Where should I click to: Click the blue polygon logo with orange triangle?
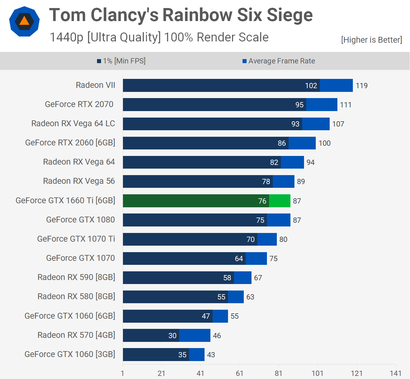click(x=24, y=21)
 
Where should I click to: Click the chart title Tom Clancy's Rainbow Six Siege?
click(x=181, y=15)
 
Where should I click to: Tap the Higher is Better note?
click(x=371, y=40)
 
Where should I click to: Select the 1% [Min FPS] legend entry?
click(x=121, y=61)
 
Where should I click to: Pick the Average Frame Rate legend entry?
click(x=279, y=61)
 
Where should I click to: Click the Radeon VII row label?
click(x=95, y=85)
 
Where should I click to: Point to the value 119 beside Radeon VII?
click(x=361, y=86)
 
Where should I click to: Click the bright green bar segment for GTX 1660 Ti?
click(x=280, y=201)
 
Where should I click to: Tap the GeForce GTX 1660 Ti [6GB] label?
click(x=66, y=200)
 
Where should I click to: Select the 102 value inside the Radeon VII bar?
click(x=311, y=86)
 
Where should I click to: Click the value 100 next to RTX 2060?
click(x=324, y=143)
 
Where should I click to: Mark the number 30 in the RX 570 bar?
click(x=172, y=336)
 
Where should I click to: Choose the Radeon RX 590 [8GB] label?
click(x=76, y=277)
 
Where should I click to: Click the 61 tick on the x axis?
click(x=239, y=373)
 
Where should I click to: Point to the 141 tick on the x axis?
click(x=395, y=373)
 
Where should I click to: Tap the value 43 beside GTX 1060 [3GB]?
click(x=211, y=355)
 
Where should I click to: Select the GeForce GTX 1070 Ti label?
click(x=76, y=239)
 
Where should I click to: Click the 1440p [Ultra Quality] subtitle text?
click(x=159, y=37)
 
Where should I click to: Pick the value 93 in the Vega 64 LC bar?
click(x=295, y=124)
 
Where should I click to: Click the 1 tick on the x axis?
click(x=123, y=373)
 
